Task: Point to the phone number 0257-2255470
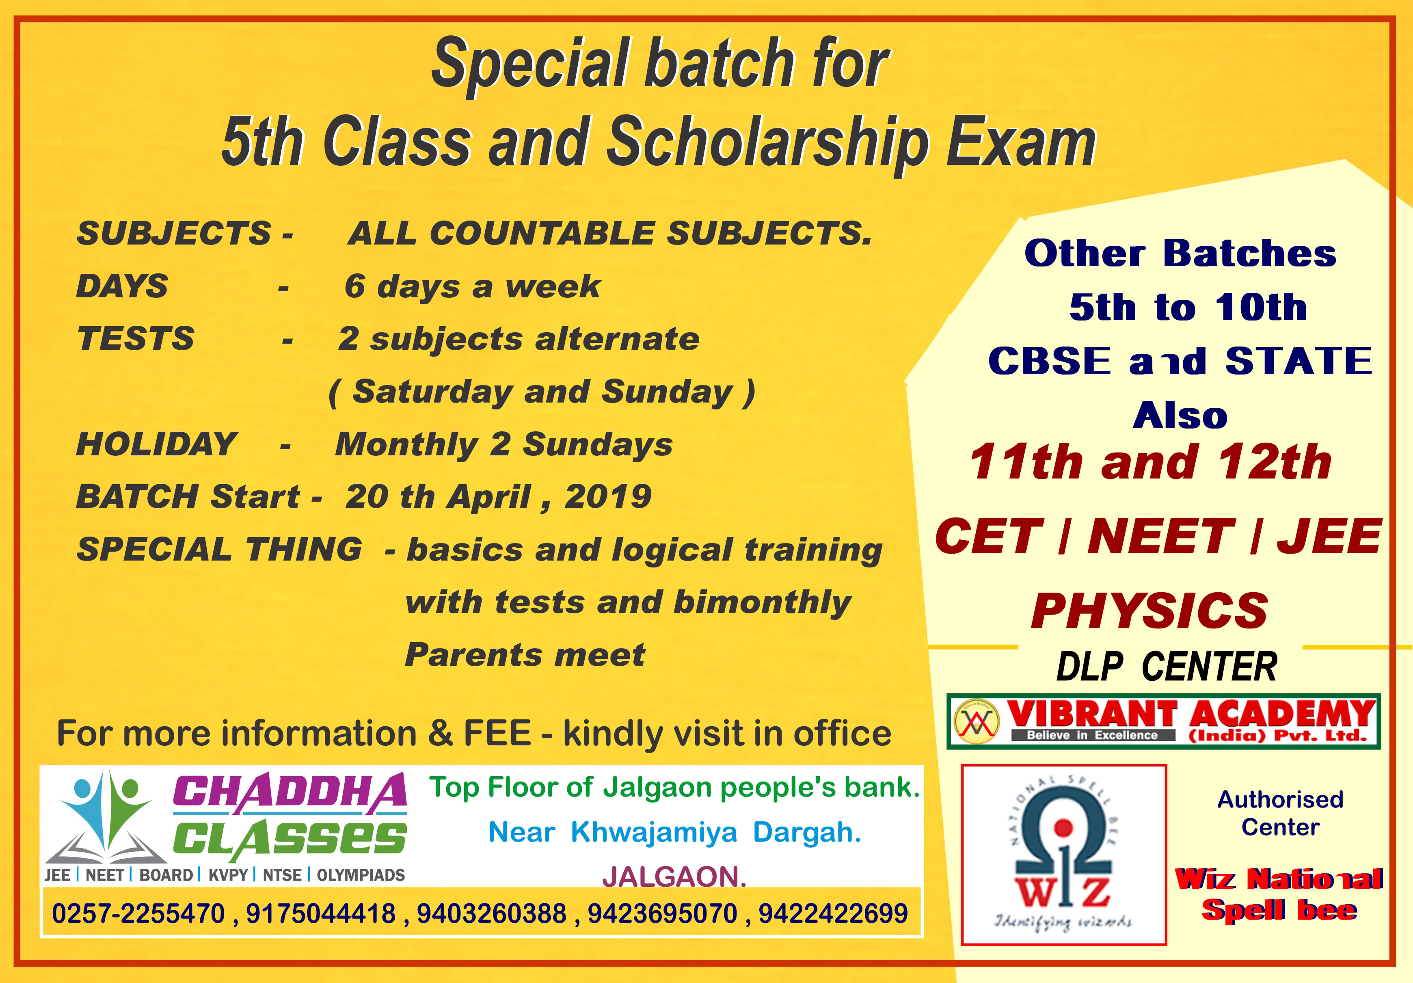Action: [138, 914]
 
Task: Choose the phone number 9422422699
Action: [833, 914]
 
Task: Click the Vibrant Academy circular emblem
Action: [975, 721]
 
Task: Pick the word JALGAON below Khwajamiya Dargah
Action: [674, 877]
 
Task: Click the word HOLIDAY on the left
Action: [156, 444]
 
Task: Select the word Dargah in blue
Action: [807, 833]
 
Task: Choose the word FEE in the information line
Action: [497, 733]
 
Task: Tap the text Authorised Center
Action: [1280, 813]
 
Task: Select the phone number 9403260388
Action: [492, 914]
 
